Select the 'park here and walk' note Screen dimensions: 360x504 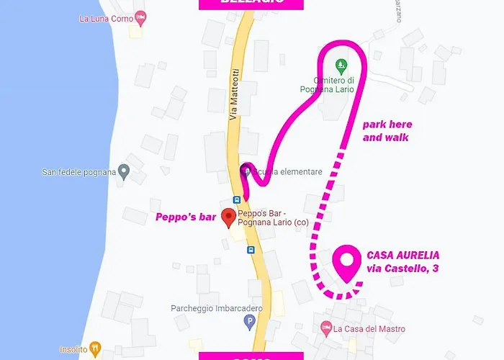tap(387, 130)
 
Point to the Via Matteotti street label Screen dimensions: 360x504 tap(233, 95)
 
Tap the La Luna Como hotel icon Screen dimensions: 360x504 tap(141, 17)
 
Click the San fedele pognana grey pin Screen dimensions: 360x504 tap(123, 172)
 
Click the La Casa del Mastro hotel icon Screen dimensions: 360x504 tap(325, 328)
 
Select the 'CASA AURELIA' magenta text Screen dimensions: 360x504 tap(402, 256)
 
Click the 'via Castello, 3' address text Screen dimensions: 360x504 tap(403, 269)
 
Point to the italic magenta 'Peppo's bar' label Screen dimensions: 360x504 tap(185, 217)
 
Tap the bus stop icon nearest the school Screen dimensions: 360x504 tap(236, 199)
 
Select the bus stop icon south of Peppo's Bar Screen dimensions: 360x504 tap(251, 250)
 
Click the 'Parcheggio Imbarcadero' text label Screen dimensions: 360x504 tap(206, 309)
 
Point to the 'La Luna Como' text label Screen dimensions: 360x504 tap(106, 18)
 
